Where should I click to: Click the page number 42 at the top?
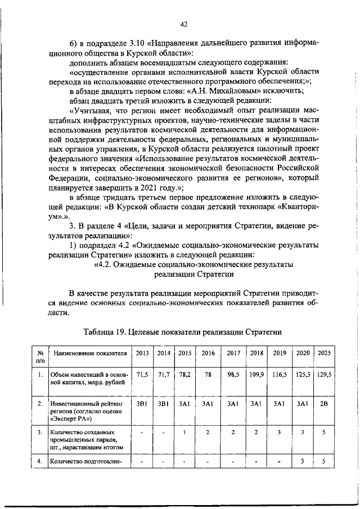point(183,24)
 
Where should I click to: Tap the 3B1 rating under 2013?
point(142,404)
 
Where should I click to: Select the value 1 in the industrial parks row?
point(184,433)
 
